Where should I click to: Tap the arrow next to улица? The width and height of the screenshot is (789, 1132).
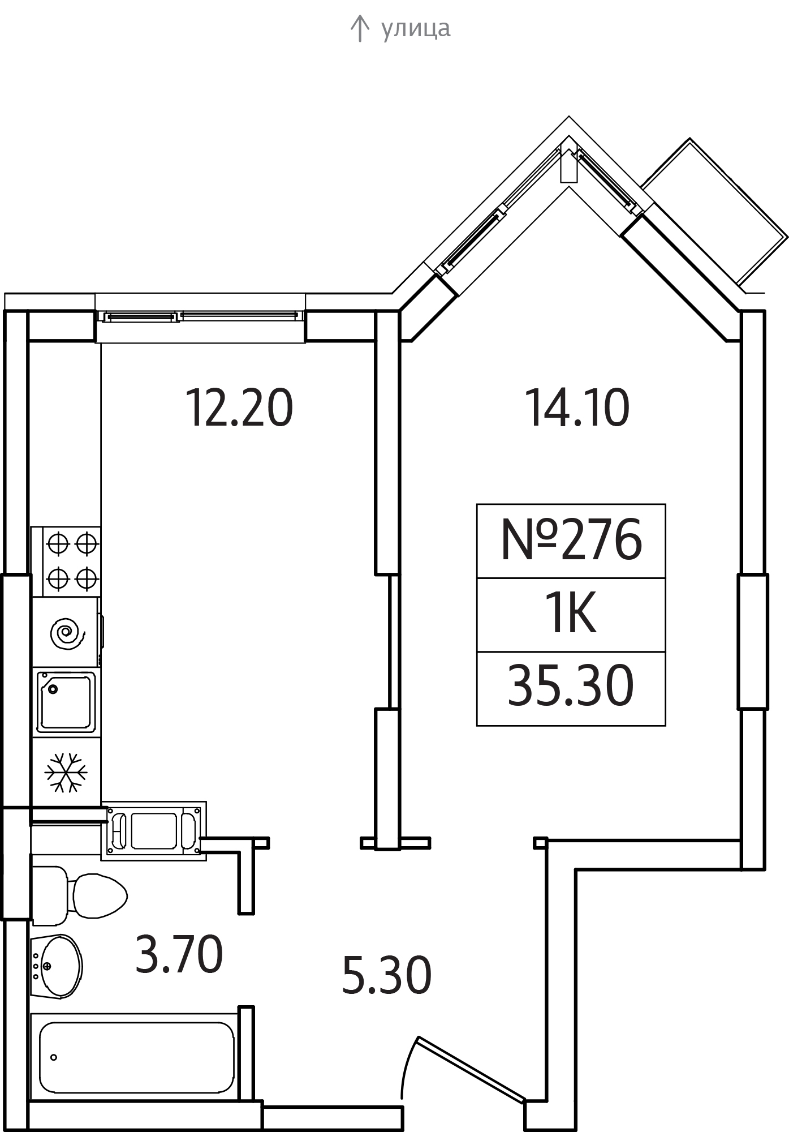pos(359,29)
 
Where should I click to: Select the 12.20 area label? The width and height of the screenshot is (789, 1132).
pos(239,408)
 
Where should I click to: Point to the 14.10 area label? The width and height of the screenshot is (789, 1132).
pos(577,408)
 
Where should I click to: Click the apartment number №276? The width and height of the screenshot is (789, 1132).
pos(571,540)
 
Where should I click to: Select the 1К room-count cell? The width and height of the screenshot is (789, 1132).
pos(570,615)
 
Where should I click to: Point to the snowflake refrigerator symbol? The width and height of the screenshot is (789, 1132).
pos(66,772)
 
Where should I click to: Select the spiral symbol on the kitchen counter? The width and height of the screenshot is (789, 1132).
pos(67,632)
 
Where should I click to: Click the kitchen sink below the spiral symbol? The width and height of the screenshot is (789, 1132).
pos(66,702)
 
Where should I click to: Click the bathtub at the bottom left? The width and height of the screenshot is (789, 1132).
pos(136,1057)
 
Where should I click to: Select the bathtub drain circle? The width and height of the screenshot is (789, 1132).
pos(54,1057)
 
